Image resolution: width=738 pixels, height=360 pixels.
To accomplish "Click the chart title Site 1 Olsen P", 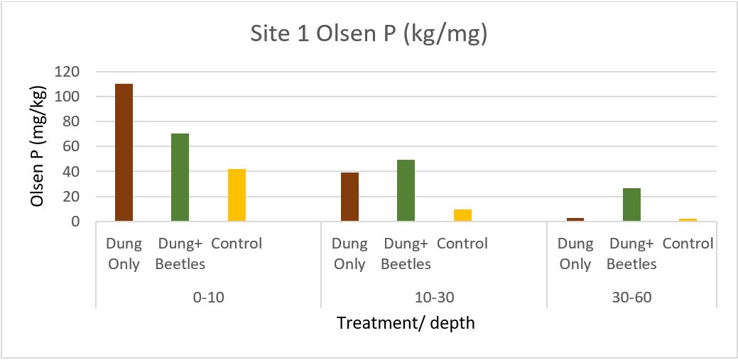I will [x=369, y=35].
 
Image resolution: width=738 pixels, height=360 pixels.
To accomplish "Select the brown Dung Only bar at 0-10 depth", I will [x=124, y=153].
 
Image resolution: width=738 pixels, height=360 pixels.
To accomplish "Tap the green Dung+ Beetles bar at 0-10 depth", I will [x=180, y=178].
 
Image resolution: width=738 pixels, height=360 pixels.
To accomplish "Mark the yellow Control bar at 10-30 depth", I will [x=462, y=215].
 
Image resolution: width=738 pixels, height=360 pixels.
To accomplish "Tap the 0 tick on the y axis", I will [x=75, y=222].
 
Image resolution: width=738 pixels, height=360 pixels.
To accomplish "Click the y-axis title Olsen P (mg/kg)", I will [x=39, y=147].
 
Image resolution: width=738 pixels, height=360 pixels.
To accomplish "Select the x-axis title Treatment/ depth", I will [x=406, y=323].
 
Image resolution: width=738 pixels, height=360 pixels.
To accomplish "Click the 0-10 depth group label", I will [x=208, y=297].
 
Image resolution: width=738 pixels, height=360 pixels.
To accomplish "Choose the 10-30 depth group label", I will [x=434, y=297].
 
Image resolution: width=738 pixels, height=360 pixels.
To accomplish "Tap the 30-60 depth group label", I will [x=631, y=297].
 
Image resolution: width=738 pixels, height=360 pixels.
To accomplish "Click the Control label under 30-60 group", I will [x=688, y=244].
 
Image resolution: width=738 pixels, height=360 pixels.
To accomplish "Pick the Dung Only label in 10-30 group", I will [x=349, y=253].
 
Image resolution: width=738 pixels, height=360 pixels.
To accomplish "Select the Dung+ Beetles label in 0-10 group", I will [x=180, y=253].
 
